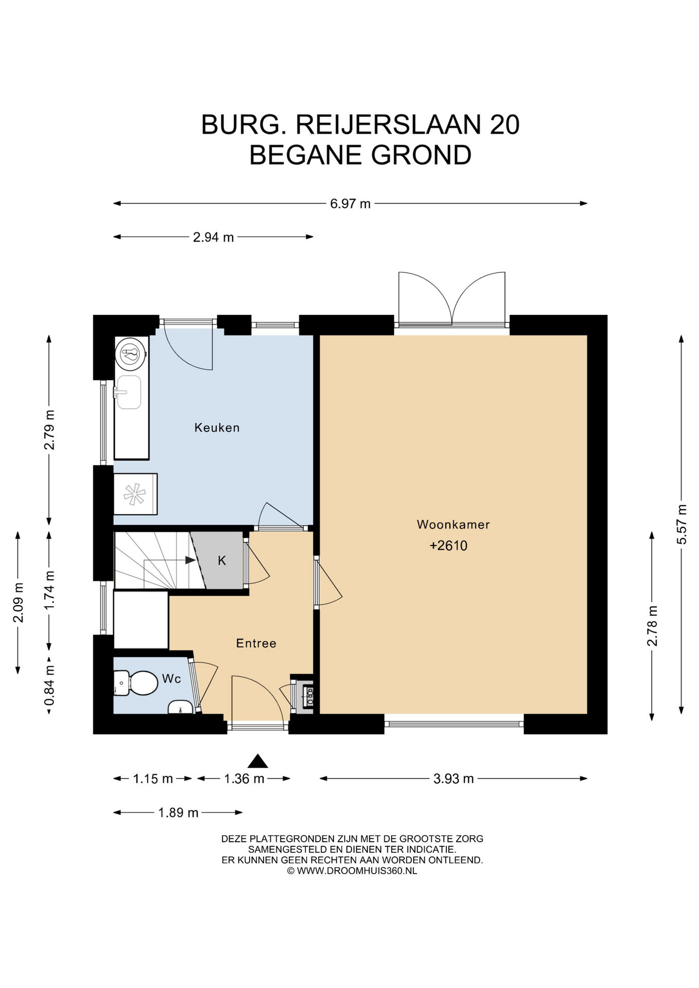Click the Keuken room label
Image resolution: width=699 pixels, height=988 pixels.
(217, 428)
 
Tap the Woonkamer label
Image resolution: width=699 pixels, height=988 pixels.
(453, 525)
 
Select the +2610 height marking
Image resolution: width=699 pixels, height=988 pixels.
(448, 545)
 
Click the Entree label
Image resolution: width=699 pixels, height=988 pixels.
(256, 643)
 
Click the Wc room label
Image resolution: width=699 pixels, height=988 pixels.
(171, 679)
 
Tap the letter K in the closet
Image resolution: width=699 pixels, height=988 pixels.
(222, 560)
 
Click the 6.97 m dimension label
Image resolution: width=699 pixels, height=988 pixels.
(350, 204)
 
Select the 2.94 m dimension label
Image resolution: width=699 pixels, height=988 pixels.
(213, 237)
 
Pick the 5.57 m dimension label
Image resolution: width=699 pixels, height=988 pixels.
(682, 524)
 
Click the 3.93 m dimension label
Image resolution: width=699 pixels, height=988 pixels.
(453, 779)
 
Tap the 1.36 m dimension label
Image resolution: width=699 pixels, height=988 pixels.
(244, 779)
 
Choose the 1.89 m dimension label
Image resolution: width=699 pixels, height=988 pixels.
(178, 813)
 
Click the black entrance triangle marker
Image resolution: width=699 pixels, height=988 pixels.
(258, 761)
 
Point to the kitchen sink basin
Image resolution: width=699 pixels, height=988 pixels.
(129, 392)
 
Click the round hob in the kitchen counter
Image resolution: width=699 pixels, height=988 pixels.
(131, 353)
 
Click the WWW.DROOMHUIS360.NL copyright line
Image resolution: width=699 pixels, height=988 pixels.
(352, 871)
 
